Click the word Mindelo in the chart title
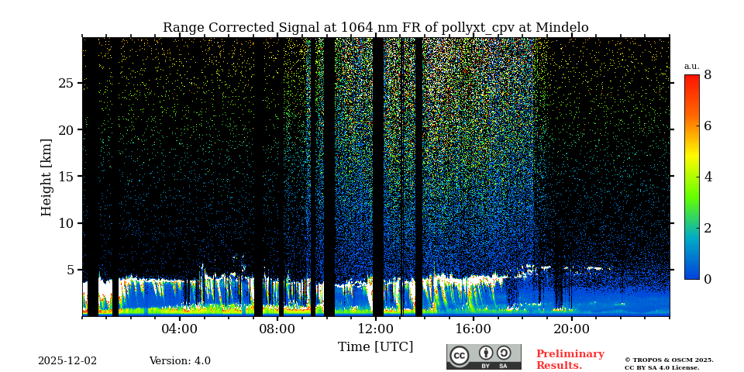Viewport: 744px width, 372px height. [x=561, y=28]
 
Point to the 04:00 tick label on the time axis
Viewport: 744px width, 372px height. [x=180, y=329]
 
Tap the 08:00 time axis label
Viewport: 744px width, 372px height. [x=277, y=329]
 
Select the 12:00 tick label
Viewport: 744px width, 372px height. [x=376, y=329]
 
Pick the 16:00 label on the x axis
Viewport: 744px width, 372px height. [x=474, y=329]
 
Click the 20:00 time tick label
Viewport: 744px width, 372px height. [x=571, y=329]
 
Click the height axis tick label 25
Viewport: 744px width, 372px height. [x=66, y=83]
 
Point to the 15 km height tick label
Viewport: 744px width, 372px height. [x=66, y=177]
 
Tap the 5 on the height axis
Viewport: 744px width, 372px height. [x=70, y=270]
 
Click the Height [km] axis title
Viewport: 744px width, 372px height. [x=46, y=177]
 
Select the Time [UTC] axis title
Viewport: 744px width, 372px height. [x=376, y=346]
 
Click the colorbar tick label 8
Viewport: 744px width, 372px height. [x=708, y=75]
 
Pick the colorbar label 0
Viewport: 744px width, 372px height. [x=708, y=279]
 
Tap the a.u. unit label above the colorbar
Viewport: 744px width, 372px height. [x=691, y=66]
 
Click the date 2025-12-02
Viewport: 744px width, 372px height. [x=67, y=361]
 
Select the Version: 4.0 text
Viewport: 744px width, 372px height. [x=180, y=361]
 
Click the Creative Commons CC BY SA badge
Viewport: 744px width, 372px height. [x=484, y=356]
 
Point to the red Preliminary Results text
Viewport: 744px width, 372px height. [x=570, y=360]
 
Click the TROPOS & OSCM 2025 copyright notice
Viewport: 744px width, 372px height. [x=669, y=360]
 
